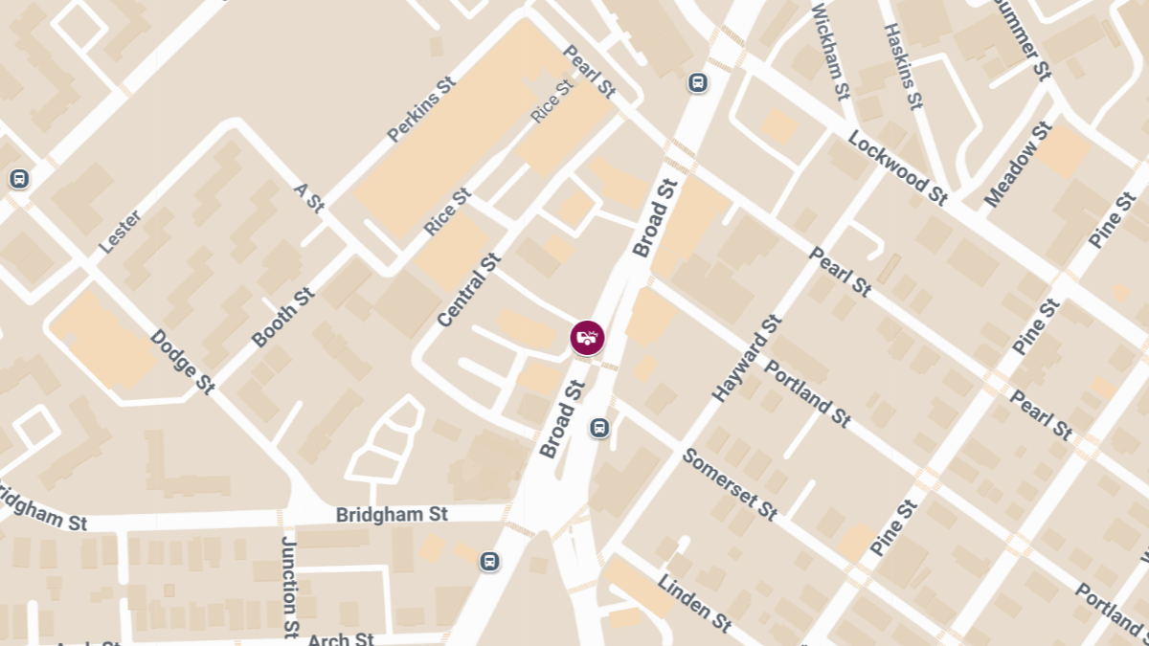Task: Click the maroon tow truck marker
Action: (587, 338)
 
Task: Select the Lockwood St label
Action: (897, 167)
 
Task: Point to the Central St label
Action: (469, 289)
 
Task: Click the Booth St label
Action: (282, 318)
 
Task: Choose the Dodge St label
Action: (182, 362)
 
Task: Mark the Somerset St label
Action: (729, 483)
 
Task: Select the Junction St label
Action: (289, 586)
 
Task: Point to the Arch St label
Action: (341, 639)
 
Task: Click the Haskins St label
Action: (903, 65)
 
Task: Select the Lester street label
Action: (120, 232)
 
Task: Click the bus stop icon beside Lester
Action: (18, 178)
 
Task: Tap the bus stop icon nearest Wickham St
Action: (698, 83)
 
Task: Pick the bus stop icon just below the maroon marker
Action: (599, 427)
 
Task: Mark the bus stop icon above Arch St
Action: (489, 561)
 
